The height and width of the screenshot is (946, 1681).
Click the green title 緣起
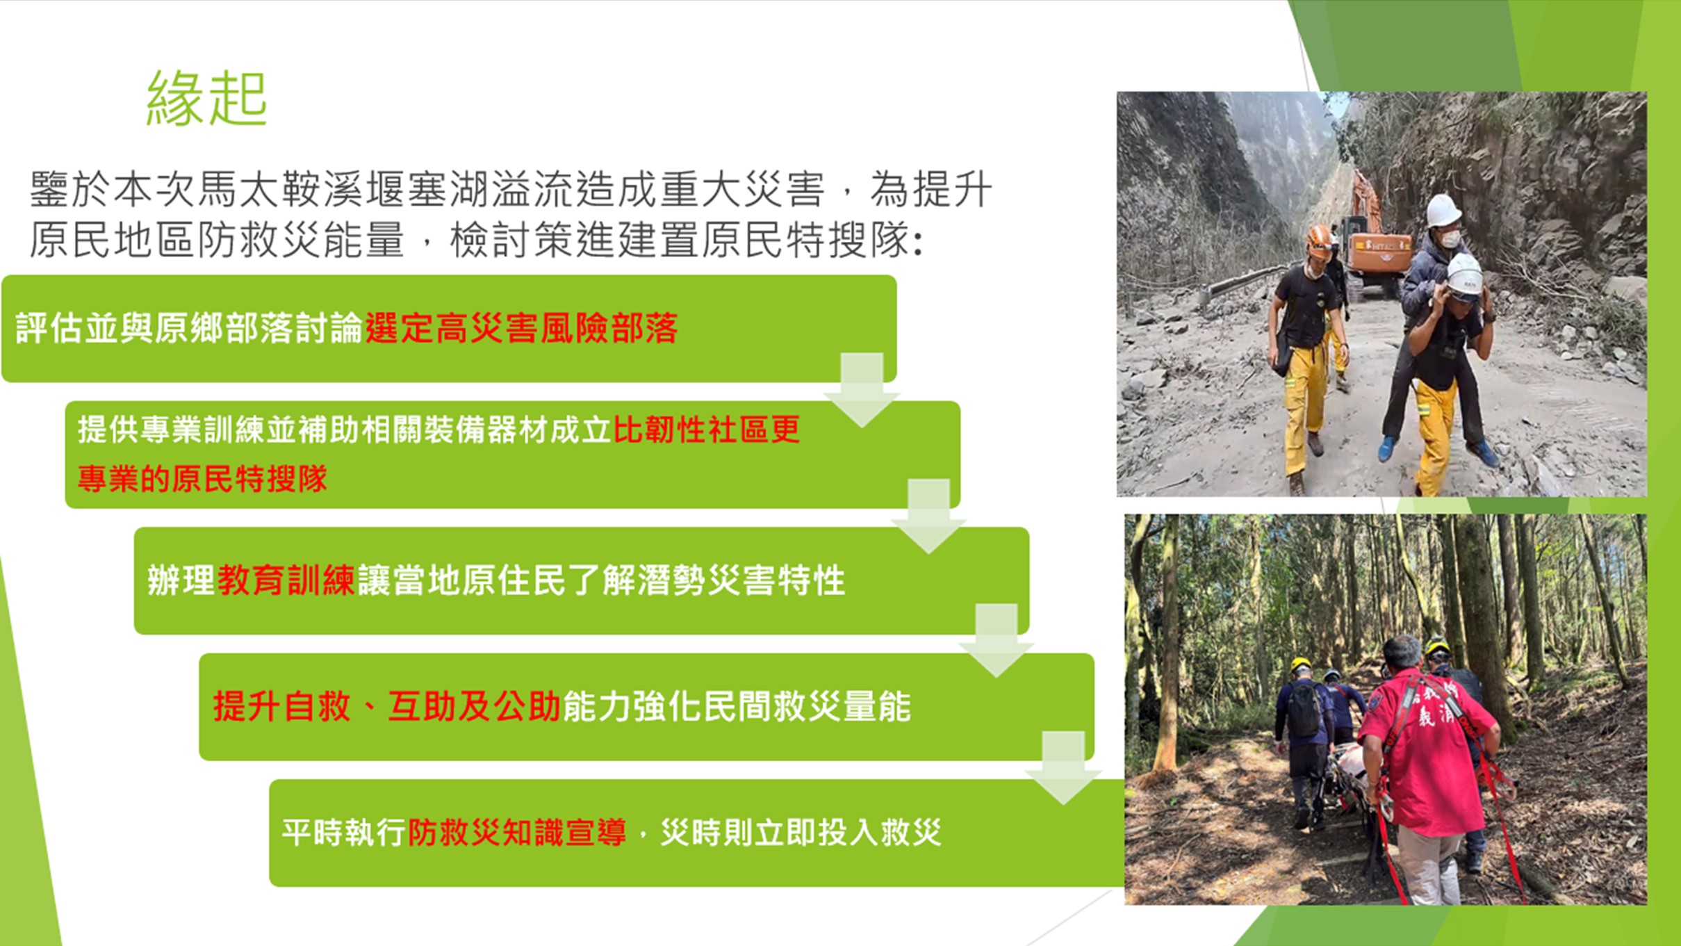click(206, 98)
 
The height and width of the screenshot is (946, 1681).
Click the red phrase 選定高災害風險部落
click(521, 328)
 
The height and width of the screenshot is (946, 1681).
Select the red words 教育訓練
click(286, 580)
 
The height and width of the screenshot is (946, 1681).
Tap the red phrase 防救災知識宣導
click(517, 832)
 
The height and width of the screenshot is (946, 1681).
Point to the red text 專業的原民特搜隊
click(202, 478)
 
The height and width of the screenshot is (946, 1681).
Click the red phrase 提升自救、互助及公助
click(386, 706)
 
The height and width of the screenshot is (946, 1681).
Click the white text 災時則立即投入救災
click(801, 832)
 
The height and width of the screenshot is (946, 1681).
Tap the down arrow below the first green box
click(862, 389)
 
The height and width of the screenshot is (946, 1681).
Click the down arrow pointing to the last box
click(1063, 767)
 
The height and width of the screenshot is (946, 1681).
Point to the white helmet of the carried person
click(1443, 211)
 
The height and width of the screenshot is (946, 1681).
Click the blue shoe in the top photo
click(1386, 448)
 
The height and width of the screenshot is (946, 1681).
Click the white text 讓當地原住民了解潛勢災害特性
click(601, 580)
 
